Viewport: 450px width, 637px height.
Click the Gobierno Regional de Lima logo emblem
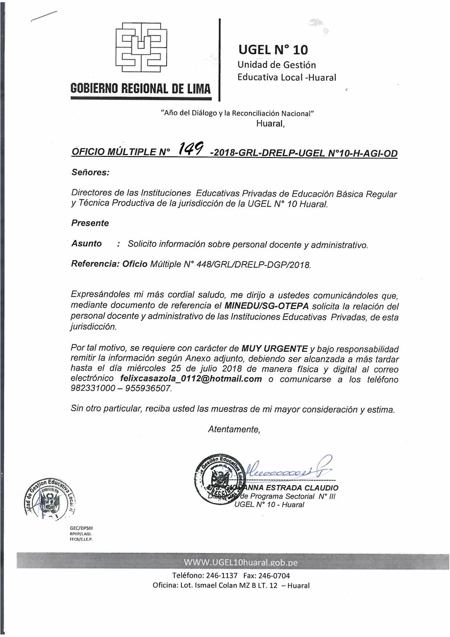pos(141,47)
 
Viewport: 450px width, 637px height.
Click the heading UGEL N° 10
pos(273,50)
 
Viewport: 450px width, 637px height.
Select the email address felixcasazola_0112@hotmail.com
pos(191,379)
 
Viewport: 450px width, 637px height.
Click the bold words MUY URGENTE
pos(275,349)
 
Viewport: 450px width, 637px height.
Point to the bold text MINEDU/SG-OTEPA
pos(267,305)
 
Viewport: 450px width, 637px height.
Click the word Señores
pos(90,172)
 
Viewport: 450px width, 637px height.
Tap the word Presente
pos(90,223)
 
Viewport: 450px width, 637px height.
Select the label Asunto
pos(87,243)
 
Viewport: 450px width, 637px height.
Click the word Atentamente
pos(234,429)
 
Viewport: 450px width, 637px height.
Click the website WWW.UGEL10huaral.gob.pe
pos(241,563)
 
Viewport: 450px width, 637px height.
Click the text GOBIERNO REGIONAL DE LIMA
pos(140,88)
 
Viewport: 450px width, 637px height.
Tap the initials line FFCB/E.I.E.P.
pos(81,539)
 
